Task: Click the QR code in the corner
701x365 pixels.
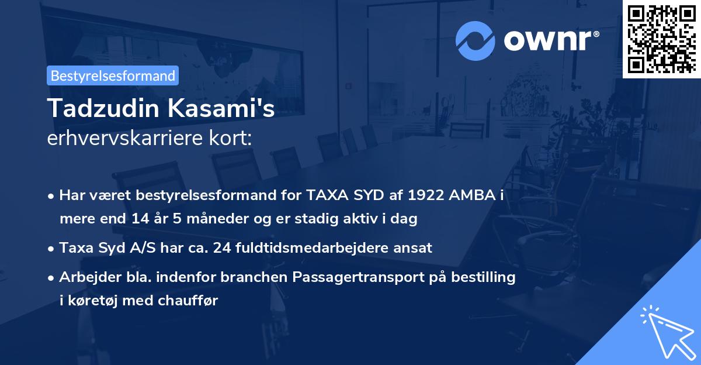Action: (x=661, y=39)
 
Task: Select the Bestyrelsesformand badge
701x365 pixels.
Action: (x=112, y=75)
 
